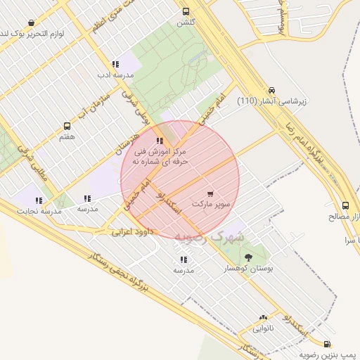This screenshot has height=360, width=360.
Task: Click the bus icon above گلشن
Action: click(x=186, y=11)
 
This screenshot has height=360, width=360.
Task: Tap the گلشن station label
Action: click(x=186, y=22)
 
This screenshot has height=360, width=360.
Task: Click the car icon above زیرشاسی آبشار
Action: click(x=271, y=91)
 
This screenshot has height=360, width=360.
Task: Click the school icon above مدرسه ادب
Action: click(x=115, y=64)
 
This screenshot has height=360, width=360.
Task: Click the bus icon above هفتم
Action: click(x=67, y=127)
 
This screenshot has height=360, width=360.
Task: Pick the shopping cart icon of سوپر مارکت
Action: click(x=211, y=192)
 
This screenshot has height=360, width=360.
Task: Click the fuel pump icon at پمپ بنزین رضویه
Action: click(x=327, y=343)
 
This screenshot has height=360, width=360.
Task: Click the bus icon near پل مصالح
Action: click(x=345, y=206)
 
